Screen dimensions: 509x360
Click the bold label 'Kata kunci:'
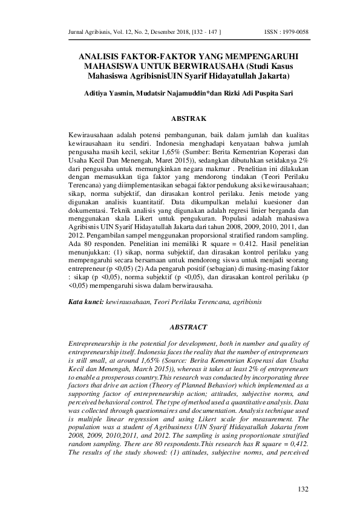85,300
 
